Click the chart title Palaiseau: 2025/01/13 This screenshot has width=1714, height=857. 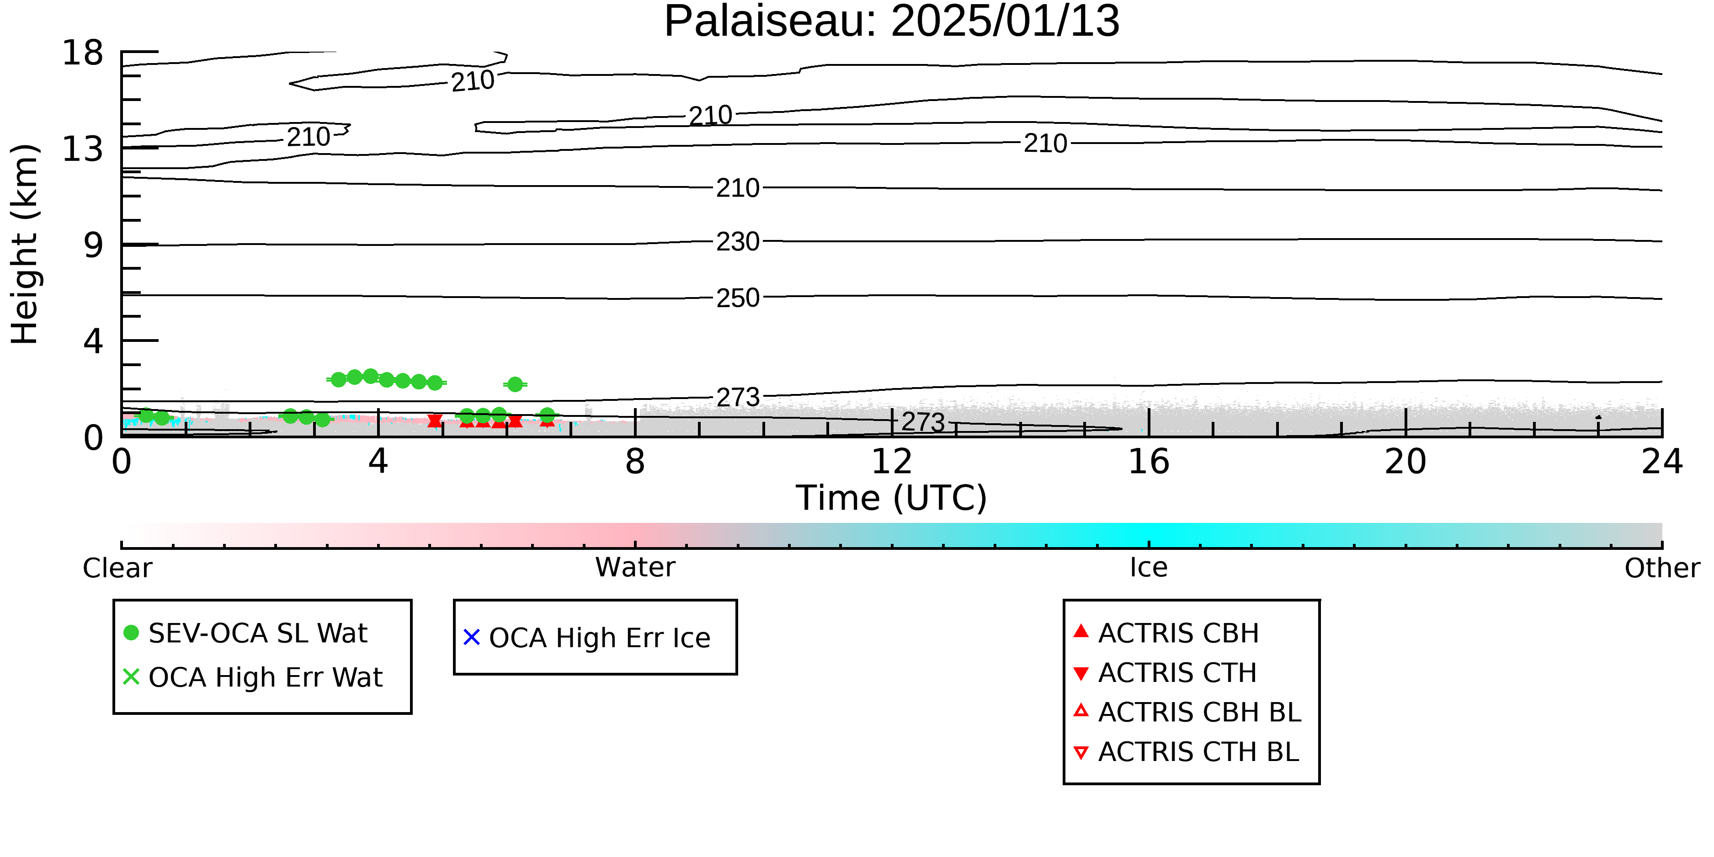(x=892, y=21)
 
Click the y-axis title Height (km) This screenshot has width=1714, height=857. (x=25, y=244)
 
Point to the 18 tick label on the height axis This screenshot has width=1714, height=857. (x=83, y=53)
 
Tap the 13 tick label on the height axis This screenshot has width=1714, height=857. (x=83, y=149)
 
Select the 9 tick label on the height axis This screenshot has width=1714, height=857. (x=94, y=245)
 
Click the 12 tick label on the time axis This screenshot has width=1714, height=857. (x=892, y=462)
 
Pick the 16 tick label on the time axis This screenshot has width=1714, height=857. (x=1149, y=462)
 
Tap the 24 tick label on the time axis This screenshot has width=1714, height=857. (x=1662, y=462)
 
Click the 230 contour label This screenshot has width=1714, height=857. (x=738, y=241)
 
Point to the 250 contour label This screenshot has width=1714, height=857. (x=738, y=298)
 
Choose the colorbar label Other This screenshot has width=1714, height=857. (x=1662, y=568)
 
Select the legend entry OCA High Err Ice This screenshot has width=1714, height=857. (x=587, y=638)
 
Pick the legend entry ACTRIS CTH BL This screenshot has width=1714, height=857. (x=1187, y=752)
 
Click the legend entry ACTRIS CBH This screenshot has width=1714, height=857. (x=1166, y=633)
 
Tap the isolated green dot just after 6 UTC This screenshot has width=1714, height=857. (x=515, y=384)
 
